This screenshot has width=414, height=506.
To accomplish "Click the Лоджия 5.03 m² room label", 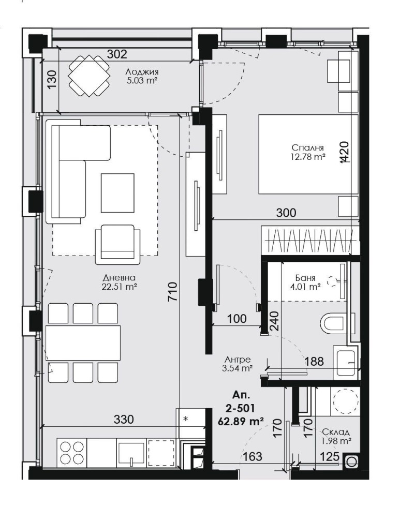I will pos(142,76).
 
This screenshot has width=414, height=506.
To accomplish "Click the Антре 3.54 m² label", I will pos(238,364).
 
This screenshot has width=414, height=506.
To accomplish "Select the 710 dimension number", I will pos(173,292).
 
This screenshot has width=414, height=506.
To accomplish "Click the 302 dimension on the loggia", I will pos(116,53).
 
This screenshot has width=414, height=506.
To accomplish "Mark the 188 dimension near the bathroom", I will pos(314,362).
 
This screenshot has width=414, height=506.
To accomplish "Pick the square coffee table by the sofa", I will pos(117,189).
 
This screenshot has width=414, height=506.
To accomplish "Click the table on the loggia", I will pos(90,76).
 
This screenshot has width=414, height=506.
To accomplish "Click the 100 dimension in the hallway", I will pos(237,319).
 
